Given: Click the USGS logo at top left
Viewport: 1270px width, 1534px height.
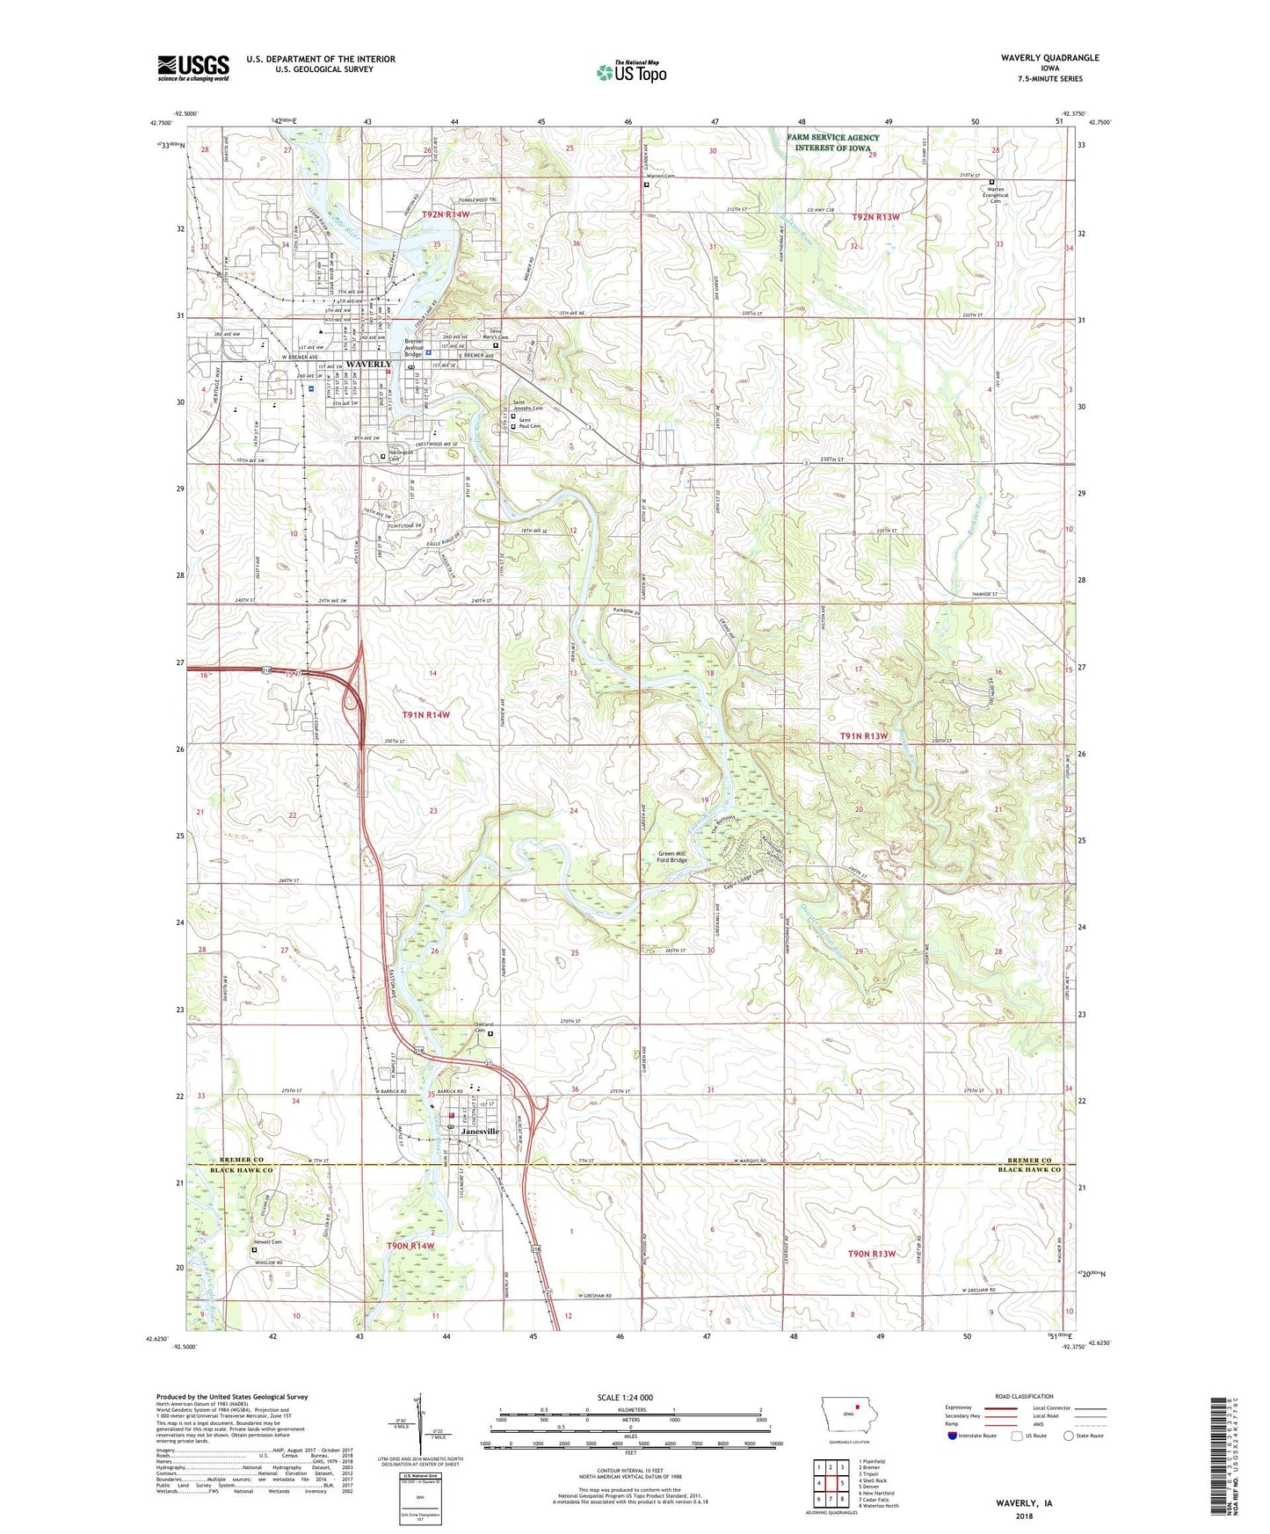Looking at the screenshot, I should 193,68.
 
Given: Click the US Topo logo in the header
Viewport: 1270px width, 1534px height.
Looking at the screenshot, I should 631,72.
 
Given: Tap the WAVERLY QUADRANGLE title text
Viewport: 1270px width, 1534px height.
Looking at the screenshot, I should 1049,58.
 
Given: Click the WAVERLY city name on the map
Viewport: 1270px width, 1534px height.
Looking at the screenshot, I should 368,364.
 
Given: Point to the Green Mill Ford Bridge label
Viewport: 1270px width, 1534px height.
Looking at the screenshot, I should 672,856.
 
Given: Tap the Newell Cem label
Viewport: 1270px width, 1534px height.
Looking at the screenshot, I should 268,1242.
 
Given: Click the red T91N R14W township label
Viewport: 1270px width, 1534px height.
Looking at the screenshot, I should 425,715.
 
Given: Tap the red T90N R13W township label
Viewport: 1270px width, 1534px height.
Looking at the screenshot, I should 870,1254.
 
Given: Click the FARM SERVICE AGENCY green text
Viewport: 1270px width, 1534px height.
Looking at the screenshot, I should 832,138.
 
